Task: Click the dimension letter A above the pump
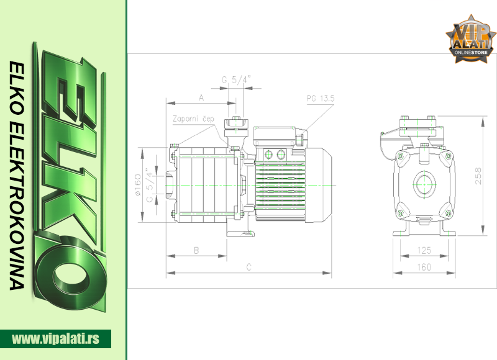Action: pyautogui.click(x=201, y=97)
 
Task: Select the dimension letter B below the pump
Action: pyautogui.click(x=196, y=250)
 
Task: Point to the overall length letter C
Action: pyautogui.click(x=248, y=267)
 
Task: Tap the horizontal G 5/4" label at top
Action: pyautogui.click(x=236, y=79)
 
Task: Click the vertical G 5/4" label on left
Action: pyautogui.click(x=149, y=185)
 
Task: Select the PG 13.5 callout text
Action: pyautogui.click(x=321, y=99)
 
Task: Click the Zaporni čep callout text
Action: pyautogui.click(x=193, y=119)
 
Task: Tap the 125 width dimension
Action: pyautogui.click(x=424, y=250)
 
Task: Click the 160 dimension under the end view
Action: pyautogui.click(x=424, y=268)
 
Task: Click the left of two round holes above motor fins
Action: pyautogui.click(x=269, y=154)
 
